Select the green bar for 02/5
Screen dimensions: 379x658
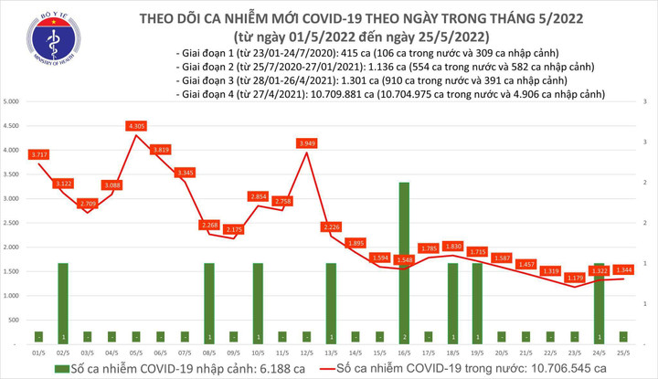(63, 302)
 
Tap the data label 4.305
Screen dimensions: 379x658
(137, 126)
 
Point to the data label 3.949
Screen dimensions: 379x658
(308, 143)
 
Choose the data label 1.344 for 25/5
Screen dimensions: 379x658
(623, 269)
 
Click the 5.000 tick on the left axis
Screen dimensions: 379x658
(13, 100)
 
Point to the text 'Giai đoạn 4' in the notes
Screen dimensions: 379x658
(212, 93)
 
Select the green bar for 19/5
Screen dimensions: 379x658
(476, 302)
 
